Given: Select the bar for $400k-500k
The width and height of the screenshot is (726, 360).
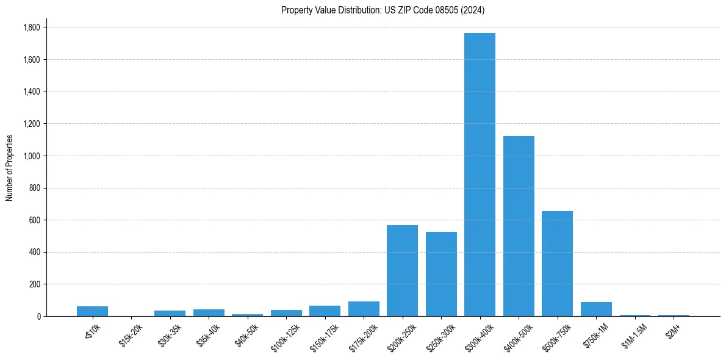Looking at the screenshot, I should (519, 226).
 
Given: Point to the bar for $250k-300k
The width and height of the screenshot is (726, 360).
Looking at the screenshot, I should (441, 274).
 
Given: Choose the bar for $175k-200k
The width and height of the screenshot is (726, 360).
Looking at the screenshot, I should (364, 309).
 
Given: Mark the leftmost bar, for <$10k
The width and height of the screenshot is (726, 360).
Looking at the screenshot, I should (92, 311).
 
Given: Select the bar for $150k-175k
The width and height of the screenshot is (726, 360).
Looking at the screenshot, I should (325, 311).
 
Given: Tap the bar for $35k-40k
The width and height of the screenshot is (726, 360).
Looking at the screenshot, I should (209, 312).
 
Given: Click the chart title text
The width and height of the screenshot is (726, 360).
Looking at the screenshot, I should (383, 10).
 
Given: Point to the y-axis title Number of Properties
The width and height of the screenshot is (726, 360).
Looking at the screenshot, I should (10, 168).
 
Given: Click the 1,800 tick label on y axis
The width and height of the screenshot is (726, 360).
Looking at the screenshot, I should (31, 27).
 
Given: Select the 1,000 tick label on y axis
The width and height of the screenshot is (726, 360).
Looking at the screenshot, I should (31, 156).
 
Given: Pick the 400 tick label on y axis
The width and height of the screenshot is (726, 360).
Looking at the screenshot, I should (34, 252).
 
